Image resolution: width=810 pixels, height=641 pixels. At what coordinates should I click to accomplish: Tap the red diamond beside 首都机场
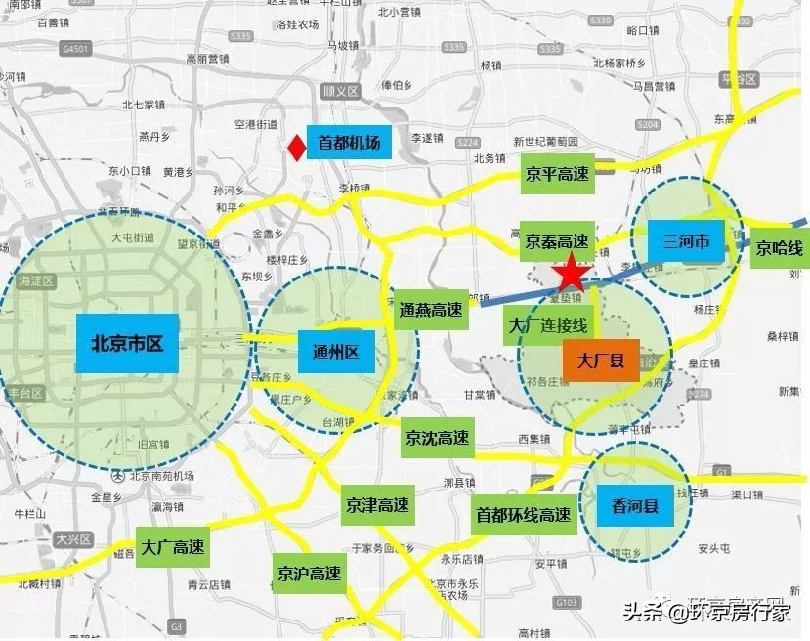click(x=294, y=148)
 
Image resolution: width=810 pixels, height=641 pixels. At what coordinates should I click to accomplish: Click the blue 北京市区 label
click(x=126, y=343)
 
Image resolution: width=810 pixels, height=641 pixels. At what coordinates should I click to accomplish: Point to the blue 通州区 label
click(x=336, y=352)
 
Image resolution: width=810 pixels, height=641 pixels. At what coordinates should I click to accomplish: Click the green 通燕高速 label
click(x=430, y=310)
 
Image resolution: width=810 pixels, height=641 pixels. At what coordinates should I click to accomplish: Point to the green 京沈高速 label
click(x=437, y=438)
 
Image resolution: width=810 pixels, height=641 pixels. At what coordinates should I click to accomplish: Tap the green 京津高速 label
click(x=377, y=506)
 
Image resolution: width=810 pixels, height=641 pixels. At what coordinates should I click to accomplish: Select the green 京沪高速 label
click(x=309, y=573)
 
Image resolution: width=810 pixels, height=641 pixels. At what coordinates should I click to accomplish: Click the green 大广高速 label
click(x=172, y=548)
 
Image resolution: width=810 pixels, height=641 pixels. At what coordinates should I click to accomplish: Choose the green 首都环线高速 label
click(x=523, y=514)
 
